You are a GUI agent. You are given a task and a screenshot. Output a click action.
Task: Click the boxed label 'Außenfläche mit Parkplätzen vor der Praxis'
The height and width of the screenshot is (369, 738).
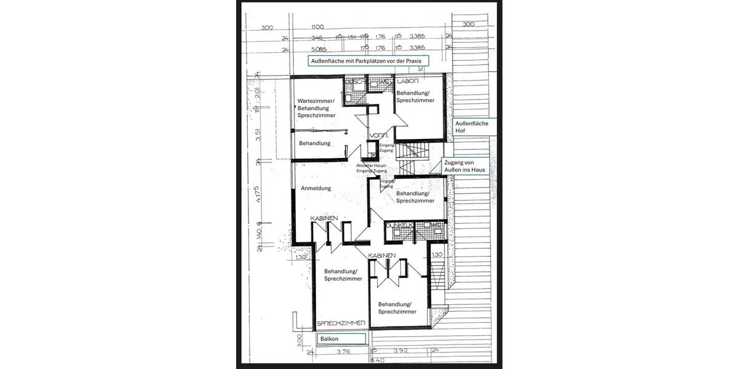(x=368, y=61)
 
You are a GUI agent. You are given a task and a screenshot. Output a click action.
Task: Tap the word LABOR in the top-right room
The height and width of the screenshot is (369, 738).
(x=408, y=81)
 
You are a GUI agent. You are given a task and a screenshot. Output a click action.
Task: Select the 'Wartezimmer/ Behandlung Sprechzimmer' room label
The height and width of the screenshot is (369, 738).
(x=316, y=108)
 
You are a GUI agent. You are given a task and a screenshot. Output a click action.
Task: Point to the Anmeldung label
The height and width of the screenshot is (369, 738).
(x=315, y=188)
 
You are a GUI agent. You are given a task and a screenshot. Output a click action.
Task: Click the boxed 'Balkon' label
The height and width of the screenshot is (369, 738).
(x=341, y=339)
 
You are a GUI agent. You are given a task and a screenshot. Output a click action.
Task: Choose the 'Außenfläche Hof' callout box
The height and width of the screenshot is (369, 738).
(x=471, y=127)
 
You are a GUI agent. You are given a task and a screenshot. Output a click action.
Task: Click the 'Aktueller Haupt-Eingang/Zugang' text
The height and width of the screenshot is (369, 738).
(x=375, y=169)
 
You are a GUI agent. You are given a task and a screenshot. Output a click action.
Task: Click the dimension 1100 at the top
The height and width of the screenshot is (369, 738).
(x=318, y=28)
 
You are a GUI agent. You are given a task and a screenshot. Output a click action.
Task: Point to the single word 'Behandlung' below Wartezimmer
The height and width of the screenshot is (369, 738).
(x=315, y=143)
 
